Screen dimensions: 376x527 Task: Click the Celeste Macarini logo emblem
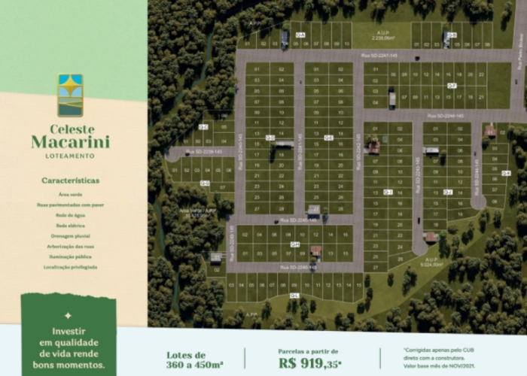click(x=70, y=95)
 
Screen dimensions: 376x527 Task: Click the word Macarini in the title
click(x=70, y=141)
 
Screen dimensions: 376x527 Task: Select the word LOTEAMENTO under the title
click(x=70, y=156)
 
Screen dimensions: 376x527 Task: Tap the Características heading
click(x=70, y=180)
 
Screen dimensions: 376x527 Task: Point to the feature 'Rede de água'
click(x=70, y=214)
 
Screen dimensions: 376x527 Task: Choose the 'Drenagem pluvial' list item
click(x=70, y=235)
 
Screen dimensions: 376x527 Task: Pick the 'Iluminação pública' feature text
click(x=70, y=256)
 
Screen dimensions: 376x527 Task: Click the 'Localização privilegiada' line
click(x=70, y=267)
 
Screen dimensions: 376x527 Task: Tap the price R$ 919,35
click(x=309, y=362)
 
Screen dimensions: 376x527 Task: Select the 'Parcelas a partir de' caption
click(x=309, y=350)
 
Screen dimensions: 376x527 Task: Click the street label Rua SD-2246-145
click(x=446, y=116)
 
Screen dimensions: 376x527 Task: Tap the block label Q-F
click(x=452, y=86)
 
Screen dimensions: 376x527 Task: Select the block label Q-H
click(x=295, y=244)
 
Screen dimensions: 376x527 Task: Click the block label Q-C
click(x=203, y=127)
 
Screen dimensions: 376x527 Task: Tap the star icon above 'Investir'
click(x=68, y=316)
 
